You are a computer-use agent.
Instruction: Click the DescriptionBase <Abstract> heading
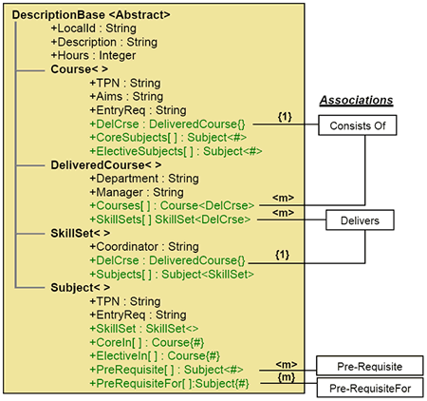point(91,15)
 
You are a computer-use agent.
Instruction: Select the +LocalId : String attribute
point(94,29)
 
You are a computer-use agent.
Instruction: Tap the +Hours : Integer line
point(93,55)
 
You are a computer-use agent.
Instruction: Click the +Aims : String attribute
point(126,96)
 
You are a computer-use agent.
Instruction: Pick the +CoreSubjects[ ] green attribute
point(168,138)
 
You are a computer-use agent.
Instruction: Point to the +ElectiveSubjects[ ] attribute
point(176,151)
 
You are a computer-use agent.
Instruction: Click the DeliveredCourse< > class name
point(106,165)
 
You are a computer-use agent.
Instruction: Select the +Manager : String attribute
point(137,192)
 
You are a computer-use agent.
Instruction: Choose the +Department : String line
point(144,179)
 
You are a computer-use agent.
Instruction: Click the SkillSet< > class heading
point(81,233)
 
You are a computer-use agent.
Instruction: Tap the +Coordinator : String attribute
point(144,247)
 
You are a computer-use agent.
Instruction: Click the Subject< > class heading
point(81,288)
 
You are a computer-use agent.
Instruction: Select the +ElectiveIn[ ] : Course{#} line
point(155,356)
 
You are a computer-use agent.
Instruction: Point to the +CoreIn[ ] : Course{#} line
point(147,342)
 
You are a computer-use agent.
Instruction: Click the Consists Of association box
point(358,125)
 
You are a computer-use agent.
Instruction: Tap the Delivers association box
point(360,220)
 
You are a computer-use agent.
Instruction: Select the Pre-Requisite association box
point(370,366)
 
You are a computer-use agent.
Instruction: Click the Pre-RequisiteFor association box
point(370,388)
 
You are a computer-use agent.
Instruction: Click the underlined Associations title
point(357,101)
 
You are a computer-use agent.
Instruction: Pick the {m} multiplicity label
point(287,377)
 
